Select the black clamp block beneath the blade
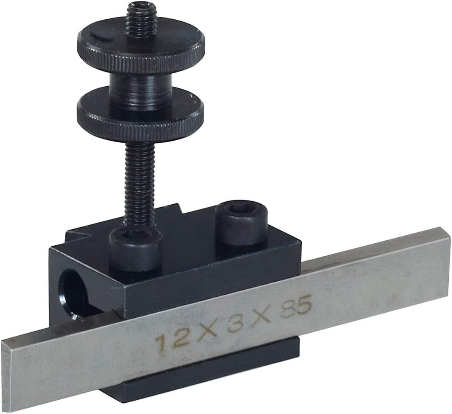(201, 373)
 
